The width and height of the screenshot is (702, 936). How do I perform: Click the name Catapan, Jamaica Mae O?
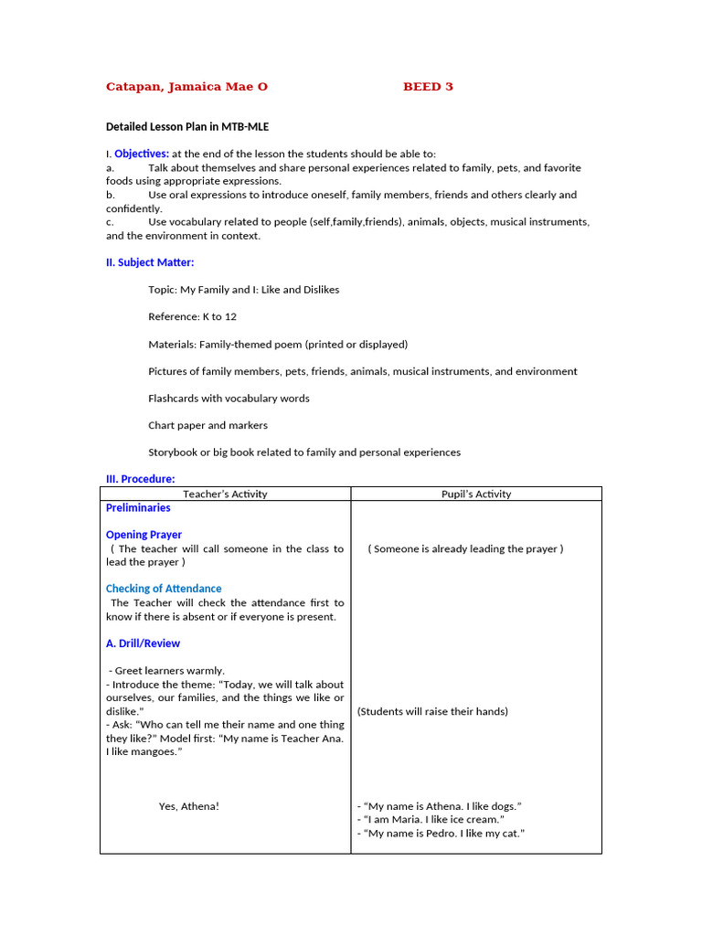[x=186, y=87]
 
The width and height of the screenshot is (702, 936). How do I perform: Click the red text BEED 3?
[x=428, y=87]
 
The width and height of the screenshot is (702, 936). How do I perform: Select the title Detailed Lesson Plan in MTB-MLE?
[x=187, y=127]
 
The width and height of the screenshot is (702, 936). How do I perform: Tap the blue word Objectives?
[x=142, y=154]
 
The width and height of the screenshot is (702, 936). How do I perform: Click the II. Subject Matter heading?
[x=150, y=262]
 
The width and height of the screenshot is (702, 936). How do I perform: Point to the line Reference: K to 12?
[x=192, y=316]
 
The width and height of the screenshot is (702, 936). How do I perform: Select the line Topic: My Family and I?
[x=243, y=290]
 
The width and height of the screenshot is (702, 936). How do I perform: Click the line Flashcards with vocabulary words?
[x=229, y=399]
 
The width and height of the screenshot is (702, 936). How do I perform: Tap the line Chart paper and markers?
[x=207, y=425]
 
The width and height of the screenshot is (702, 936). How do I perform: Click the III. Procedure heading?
[x=140, y=479]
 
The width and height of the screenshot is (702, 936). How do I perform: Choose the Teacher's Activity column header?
[x=225, y=494]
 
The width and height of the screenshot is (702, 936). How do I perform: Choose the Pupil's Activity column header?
[x=476, y=494]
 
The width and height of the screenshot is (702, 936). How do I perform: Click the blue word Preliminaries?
[x=138, y=508]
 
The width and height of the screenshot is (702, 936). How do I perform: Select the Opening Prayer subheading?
[x=144, y=535]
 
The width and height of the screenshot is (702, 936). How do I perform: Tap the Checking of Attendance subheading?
[x=164, y=589]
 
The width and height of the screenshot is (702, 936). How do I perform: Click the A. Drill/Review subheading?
[x=143, y=643]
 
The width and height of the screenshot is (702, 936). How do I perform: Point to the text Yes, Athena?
[x=188, y=806]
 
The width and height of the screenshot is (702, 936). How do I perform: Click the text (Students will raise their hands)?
[x=432, y=711]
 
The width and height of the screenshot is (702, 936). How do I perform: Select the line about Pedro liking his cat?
[x=441, y=834]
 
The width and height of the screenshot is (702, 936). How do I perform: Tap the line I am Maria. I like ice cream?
[x=430, y=820]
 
